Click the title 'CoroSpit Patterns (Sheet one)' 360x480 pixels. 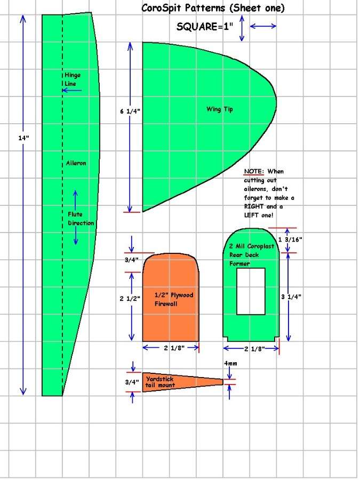213,8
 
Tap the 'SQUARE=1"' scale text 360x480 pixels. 204,27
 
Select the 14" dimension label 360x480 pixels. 23,138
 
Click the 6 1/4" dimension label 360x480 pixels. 130,111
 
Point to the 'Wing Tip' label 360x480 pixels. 220,109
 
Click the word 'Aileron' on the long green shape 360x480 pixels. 76,163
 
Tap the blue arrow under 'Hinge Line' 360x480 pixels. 72,90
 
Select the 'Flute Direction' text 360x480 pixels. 81,219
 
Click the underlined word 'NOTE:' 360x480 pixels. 254,171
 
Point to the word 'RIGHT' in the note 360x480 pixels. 253,206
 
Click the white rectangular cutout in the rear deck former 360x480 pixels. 251,291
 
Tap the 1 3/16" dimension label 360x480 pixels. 290,239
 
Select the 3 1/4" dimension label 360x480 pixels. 291,297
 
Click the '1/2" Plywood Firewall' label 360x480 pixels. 174,299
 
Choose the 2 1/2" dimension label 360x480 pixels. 130,298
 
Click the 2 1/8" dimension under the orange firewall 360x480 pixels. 174,348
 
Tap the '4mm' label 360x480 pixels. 230,363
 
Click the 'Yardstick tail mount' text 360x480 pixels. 160,382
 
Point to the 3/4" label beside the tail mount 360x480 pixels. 132,382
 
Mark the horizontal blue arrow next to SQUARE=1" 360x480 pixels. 263,26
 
